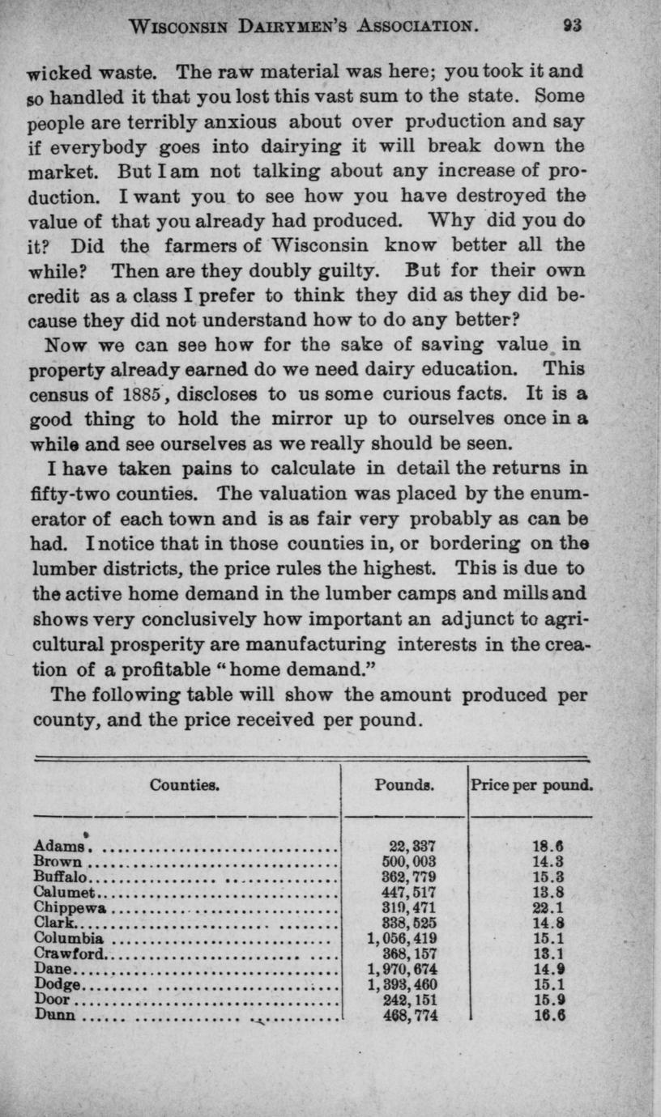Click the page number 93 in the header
574,25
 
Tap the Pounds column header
405,784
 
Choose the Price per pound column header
531,784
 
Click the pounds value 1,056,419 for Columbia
403,939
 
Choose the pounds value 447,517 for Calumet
413,893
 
